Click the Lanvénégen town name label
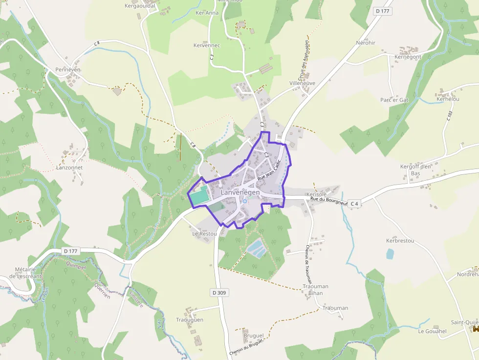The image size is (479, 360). (240, 192)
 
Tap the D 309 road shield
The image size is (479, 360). (220, 293)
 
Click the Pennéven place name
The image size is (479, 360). (67, 69)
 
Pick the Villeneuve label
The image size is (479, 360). (303, 83)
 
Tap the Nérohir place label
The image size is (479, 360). (366, 43)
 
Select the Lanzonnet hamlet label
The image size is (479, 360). (69, 167)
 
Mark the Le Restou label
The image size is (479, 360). (204, 233)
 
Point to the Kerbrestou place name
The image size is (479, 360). (400, 241)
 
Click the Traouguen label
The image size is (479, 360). (190, 320)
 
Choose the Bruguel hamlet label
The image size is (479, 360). (253, 336)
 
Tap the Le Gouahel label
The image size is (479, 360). (432, 331)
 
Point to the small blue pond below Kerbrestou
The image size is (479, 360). (390, 254)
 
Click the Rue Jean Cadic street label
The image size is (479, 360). (269, 172)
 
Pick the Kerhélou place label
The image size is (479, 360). (448, 99)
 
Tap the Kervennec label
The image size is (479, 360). (207, 45)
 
